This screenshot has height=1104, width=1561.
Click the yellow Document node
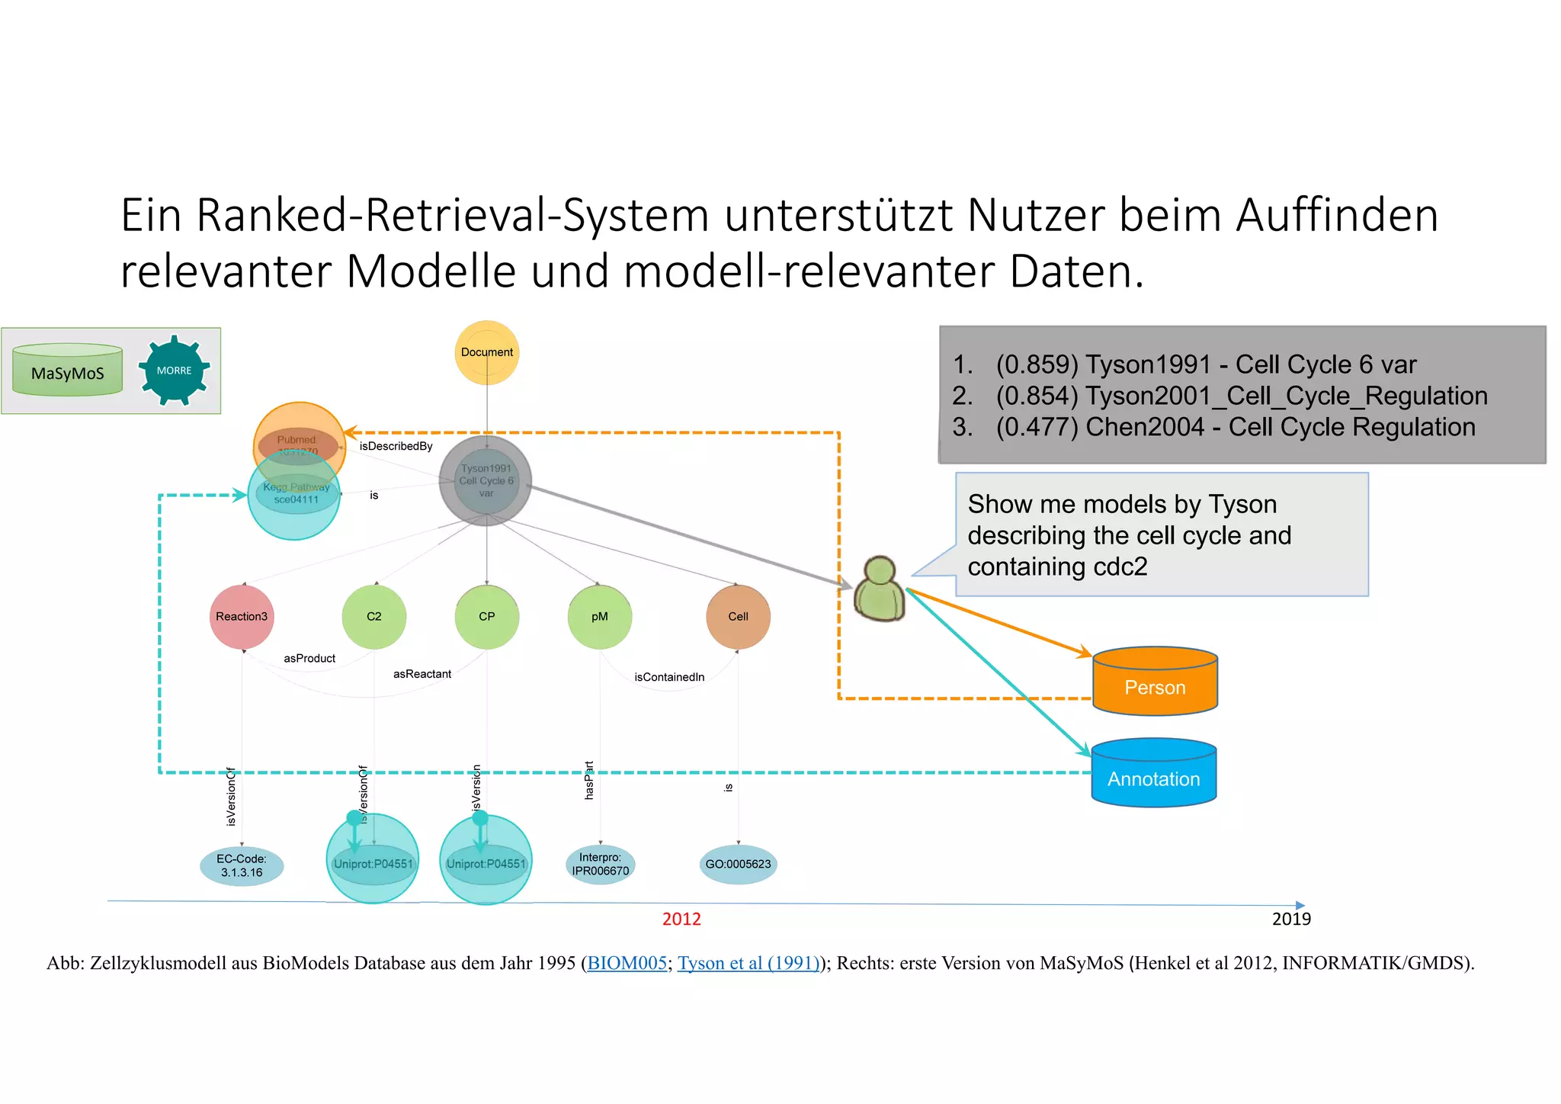[x=487, y=352]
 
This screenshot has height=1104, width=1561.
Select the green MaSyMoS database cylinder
[x=68, y=371]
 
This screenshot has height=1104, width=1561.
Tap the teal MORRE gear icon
[x=175, y=371]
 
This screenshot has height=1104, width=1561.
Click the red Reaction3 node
[x=242, y=617]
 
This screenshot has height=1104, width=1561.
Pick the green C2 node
[x=373, y=617]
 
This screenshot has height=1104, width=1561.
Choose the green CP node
[x=487, y=617]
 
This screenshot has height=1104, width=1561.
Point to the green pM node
[x=600, y=617]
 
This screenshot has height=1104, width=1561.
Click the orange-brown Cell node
[x=738, y=617]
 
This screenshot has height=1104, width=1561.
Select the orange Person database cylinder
[x=1155, y=682]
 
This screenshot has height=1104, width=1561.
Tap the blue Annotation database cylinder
[x=1154, y=773]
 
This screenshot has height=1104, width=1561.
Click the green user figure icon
[x=880, y=589]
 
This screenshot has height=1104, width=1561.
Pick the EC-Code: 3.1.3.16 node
[x=242, y=865]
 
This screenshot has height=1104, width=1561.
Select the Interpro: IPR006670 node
[x=601, y=865]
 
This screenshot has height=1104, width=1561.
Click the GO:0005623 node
[x=738, y=865]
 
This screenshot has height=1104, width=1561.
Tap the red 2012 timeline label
[x=681, y=919]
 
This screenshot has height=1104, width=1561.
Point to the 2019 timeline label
[x=1291, y=919]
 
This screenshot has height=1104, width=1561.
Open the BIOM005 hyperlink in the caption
[x=627, y=963]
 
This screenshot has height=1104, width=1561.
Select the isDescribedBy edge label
[x=396, y=446]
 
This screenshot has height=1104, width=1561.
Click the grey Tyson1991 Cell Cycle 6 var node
[x=486, y=481]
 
